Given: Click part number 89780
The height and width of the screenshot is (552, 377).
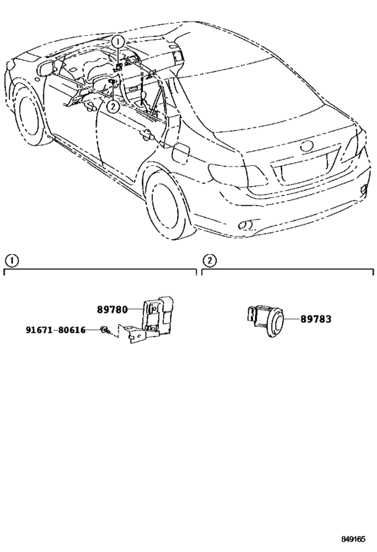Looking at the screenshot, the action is [112, 309].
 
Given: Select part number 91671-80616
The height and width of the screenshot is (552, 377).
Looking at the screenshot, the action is [56, 330].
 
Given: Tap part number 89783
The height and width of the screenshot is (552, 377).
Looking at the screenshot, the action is [316, 319].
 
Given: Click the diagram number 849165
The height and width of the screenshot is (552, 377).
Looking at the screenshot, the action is [353, 539].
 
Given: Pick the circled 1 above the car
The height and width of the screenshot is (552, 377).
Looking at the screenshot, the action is [118, 42].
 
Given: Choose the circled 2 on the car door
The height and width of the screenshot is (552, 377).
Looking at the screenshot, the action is [112, 106].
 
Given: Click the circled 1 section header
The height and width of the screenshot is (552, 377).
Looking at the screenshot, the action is [12, 261].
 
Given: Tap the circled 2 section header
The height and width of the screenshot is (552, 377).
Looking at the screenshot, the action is [209, 261].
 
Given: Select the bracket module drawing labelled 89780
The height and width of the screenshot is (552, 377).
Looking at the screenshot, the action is [149, 319].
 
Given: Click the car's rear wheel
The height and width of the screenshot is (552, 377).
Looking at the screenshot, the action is [168, 206].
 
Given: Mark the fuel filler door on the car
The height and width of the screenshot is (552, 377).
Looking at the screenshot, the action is [181, 152].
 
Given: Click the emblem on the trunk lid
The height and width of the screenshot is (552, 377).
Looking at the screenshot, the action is [307, 146].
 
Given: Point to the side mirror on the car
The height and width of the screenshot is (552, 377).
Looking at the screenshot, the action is [46, 68].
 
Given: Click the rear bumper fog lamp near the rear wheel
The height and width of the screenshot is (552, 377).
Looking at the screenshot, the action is [247, 224].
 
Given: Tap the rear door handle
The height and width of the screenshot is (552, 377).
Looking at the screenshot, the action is [146, 133].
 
